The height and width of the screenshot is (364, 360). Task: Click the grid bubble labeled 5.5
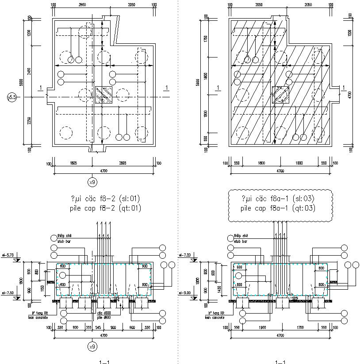coord(12,97)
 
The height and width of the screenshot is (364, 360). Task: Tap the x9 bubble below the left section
coord(92,346)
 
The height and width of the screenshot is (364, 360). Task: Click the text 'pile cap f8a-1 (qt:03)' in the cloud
coord(280,208)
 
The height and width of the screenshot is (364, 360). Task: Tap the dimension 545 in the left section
coord(103,327)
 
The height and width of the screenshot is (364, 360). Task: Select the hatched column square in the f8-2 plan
coord(104,95)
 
